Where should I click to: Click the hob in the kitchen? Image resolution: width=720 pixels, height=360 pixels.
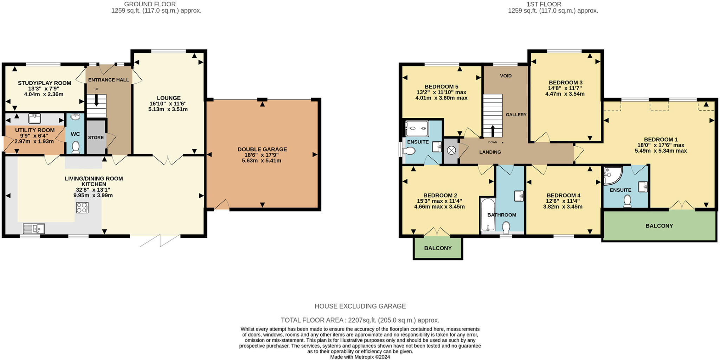(82, 208)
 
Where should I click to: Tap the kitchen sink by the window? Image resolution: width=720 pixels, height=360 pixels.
(34, 229)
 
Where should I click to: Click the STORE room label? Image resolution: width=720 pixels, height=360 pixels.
(96, 137)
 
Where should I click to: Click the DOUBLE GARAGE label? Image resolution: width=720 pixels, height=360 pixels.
(262, 149)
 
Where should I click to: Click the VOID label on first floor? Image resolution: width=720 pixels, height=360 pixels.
(506, 76)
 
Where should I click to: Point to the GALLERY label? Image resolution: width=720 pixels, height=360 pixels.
(516, 115)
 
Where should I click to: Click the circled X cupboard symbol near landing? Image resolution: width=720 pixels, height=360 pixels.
(451, 150)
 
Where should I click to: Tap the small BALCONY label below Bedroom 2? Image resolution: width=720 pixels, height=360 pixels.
(438, 248)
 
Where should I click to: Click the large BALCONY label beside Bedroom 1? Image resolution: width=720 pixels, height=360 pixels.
(659, 226)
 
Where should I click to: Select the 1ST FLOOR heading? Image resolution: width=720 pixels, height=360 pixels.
(544, 4)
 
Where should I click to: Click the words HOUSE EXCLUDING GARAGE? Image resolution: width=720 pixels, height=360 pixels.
(360, 306)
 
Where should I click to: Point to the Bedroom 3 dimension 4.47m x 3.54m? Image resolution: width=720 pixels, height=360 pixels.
(565, 94)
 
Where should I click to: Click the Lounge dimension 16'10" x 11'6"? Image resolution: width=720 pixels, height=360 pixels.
(168, 104)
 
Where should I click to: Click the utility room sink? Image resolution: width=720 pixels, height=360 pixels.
(34, 118)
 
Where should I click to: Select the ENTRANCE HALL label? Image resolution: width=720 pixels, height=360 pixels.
(108, 80)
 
